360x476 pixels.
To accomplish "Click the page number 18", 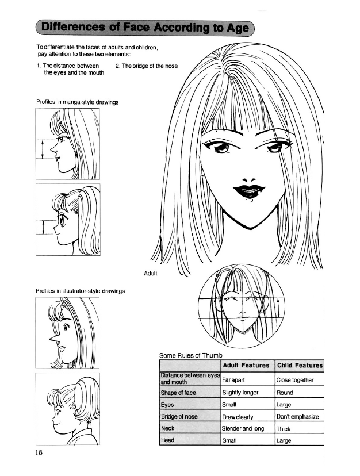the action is tap(39, 452).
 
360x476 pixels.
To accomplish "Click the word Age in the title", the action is tap(238, 28).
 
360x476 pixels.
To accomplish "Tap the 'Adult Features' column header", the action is tap(246, 365).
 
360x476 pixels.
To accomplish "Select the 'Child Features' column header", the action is tap(300, 365).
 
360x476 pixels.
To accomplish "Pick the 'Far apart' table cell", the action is tap(233, 380).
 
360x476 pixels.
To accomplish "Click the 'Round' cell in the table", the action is tap(285, 393).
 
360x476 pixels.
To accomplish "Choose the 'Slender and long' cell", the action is tap(243, 428).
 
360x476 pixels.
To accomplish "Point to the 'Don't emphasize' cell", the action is tap(298, 416).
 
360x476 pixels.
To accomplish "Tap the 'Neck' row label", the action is tap(168, 428).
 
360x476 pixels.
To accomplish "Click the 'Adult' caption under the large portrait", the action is tap(150, 273).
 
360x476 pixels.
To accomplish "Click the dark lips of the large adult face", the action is tap(249, 191).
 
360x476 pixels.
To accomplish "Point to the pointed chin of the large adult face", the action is tap(250, 228).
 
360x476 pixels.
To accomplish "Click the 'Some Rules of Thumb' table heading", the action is tap(191, 355).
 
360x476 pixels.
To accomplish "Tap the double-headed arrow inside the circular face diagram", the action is tap(278, 308).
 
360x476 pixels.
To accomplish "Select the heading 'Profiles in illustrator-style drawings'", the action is tap(80, 291).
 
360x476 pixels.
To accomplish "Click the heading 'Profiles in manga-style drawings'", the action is tap(77, 102).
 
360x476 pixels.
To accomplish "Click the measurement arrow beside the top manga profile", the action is tap(43, 149).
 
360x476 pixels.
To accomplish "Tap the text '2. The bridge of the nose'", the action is tap(147, 66).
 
